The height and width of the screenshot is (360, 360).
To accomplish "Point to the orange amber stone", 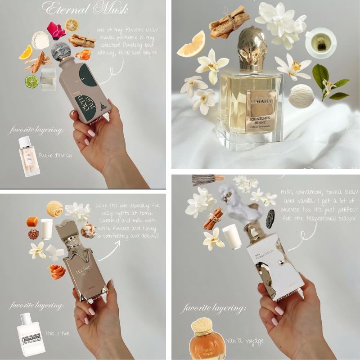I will (x=83, y=55).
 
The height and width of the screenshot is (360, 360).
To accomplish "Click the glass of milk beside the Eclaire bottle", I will (x=46, y=228).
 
